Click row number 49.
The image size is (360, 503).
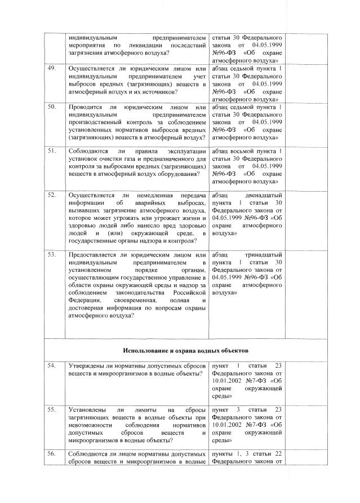[x=52, y=69]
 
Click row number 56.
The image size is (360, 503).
[x=52, y=453]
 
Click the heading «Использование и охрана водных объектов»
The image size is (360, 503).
[x=179, y=343]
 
